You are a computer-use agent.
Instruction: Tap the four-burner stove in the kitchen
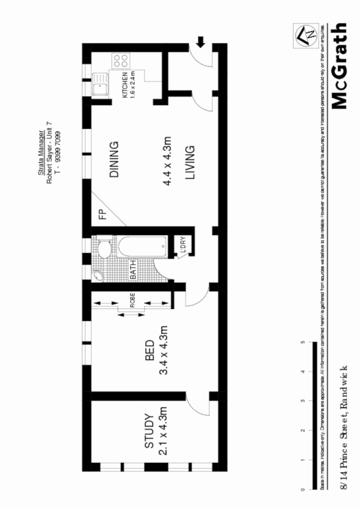point(121,62)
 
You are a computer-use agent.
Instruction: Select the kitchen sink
point(100,85)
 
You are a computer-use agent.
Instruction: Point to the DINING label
point(114,159)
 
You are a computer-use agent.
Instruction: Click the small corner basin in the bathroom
point(98,275)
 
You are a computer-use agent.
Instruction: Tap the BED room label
point(150,351)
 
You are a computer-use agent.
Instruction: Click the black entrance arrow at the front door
point(201,42)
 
